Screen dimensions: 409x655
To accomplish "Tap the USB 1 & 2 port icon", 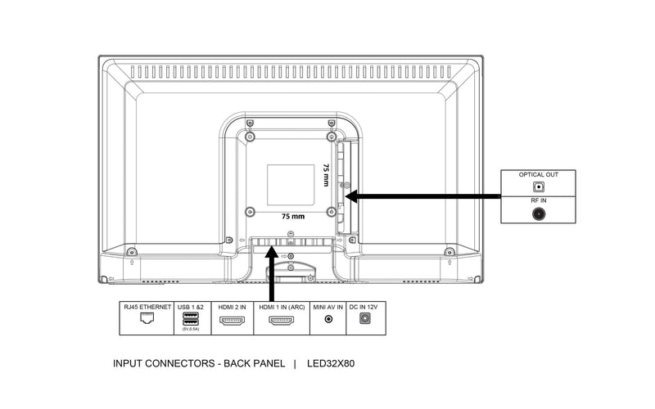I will click(x=189, y=318).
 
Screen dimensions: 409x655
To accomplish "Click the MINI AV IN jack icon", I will click(x=329, y=320).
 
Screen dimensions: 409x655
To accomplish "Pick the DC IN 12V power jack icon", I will click(x=366, y=320).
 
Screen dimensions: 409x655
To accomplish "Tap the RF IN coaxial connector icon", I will click(x=539, y=214).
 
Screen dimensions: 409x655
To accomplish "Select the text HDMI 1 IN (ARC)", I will click(x=281, y=306).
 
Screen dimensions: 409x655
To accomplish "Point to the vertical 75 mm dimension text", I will click(x=326, y=177).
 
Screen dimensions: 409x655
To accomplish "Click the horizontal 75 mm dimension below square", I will click(x=292, y=218).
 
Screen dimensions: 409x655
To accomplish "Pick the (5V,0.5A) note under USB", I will click(x=189, y=330).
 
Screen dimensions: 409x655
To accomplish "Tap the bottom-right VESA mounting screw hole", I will click(x=331, y=212).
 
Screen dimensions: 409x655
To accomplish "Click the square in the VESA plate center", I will click(x=291, y=185).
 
